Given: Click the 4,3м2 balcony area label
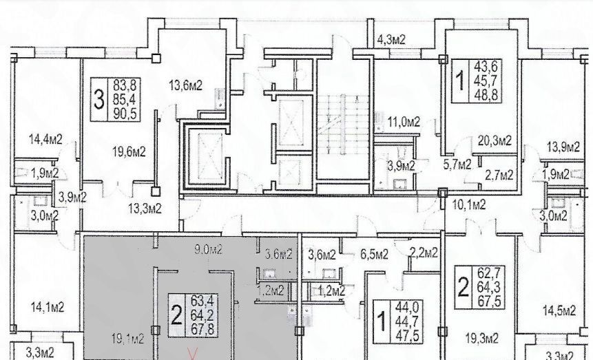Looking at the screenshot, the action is point(391,39).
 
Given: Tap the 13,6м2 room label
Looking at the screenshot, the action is point(186,85).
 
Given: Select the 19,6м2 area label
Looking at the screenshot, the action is point(129,152).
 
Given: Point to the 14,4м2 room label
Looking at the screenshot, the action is point(45,139).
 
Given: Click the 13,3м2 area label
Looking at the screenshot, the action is point(145,208).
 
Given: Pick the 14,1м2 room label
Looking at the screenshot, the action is point(47,307).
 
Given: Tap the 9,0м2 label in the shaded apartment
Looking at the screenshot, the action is point(208,250).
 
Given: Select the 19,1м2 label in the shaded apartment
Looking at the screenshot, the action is point(128,339).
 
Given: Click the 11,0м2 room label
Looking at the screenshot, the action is point(404,122).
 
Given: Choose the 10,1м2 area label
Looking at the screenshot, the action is point(469,205).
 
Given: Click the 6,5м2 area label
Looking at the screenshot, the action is point(375,255).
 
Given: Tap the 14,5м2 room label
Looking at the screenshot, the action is point(559,311).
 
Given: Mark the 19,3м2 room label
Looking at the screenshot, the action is point(482,338).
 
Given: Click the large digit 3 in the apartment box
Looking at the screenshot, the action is point(98,100).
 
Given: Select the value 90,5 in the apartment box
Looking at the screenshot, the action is point(125,114).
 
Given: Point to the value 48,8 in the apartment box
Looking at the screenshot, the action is point(486,94).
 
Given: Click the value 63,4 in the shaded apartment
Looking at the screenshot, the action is point(202,301).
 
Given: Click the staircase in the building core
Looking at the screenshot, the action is point(343,125).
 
